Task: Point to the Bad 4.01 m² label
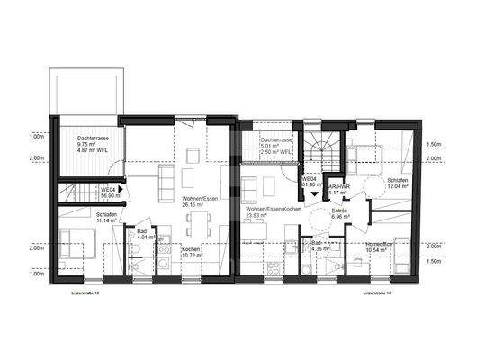pyautogui.click(x=142, y=235)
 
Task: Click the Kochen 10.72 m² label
pyautogui.click(x=192, y=252)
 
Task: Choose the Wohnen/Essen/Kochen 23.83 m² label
pyautogui.click(x=268, y=212)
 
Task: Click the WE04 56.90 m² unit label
pyautogui.click(x=108, y=193)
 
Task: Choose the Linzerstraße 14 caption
pyautogui.click(x=380, y=293)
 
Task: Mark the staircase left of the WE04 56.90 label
pyautogui.click(x=76, y=191)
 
